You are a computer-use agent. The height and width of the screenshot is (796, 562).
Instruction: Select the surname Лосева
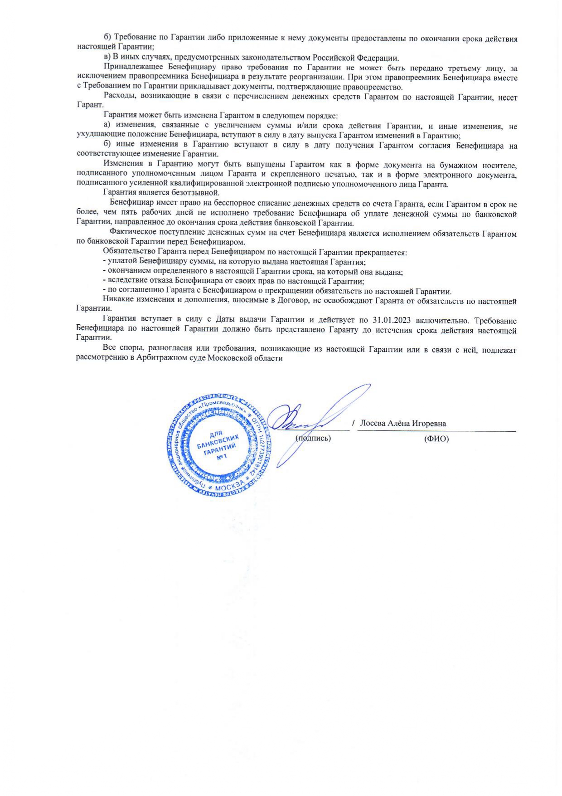(373, 424)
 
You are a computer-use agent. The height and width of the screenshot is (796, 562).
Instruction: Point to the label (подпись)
(313, 438)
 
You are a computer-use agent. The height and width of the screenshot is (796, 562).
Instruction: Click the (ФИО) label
(436, 439)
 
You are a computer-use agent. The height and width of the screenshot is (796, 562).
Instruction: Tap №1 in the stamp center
(222, 457)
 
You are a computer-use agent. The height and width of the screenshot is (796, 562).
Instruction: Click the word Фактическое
(132, 233)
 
